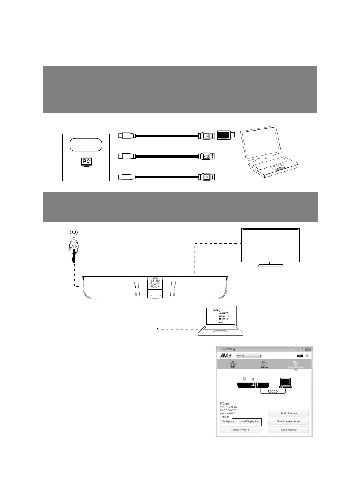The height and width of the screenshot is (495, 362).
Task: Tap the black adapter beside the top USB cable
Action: (x=224, y=135)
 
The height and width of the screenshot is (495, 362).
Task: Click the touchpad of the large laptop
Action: (x=279, y=168)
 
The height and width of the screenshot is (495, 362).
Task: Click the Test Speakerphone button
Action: (x=288, y=421)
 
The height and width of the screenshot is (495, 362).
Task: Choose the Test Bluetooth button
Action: (x=288, y=430)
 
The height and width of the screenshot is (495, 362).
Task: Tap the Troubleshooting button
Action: (x=240, y=430)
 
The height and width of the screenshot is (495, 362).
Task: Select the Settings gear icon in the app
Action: (x=264, y=363)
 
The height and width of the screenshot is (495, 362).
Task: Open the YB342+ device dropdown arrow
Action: (x=260, y=356)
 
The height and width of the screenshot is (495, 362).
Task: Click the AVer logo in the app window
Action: (x=226, y=356)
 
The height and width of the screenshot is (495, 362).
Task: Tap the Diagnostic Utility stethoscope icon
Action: (x=295, y=363)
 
